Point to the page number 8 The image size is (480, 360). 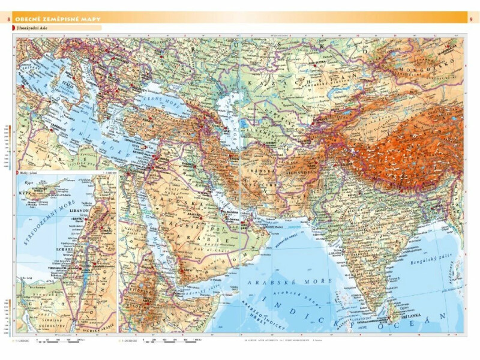8,20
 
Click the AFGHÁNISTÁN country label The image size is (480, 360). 304,170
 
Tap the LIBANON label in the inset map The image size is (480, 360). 82,211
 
